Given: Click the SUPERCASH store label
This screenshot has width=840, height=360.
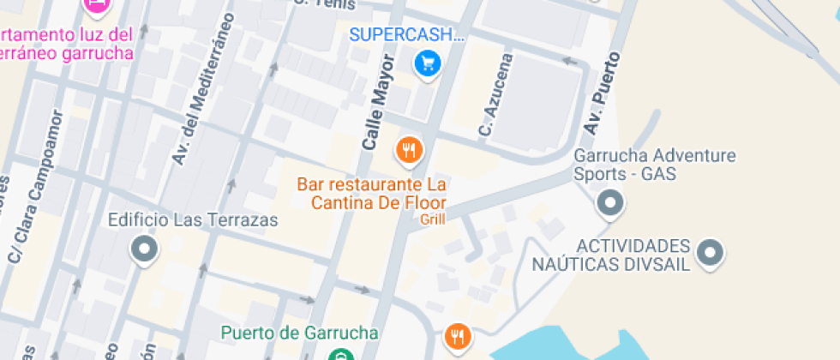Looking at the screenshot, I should (407, 36).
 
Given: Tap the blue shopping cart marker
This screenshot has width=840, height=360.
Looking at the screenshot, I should (427, 64).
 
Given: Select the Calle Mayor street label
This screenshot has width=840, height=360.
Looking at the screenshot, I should (378, 103).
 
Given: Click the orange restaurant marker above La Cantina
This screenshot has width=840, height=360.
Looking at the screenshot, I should (410, 152).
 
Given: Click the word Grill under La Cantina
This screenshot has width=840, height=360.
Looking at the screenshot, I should (433, 219).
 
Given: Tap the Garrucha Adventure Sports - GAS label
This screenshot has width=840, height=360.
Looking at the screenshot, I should (655, 165).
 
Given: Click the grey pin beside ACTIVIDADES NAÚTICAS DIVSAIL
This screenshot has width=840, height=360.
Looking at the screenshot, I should (710, 252).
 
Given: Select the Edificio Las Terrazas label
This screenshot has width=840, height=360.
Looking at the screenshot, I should (193, 220).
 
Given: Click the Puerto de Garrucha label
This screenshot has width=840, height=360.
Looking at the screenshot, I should (299, 333).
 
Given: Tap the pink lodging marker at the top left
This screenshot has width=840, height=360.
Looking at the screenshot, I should (98, 5).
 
